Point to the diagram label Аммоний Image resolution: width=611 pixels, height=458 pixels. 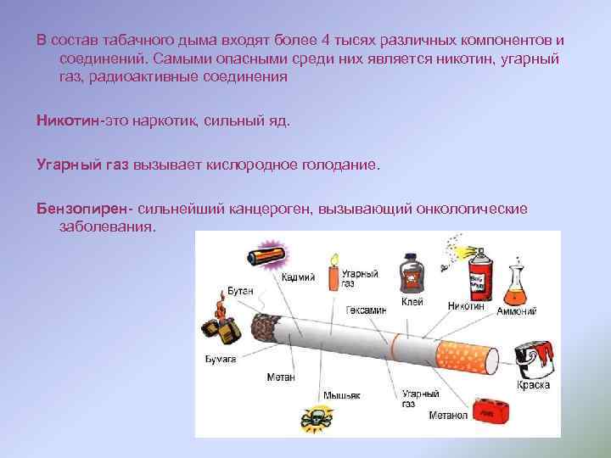(x=518, y=311)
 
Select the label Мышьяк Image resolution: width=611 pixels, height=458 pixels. (x=341, y=395)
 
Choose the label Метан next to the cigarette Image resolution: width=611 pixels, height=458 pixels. (x=281, y=377)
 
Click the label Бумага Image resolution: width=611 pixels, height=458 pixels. (x=221, y=360)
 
